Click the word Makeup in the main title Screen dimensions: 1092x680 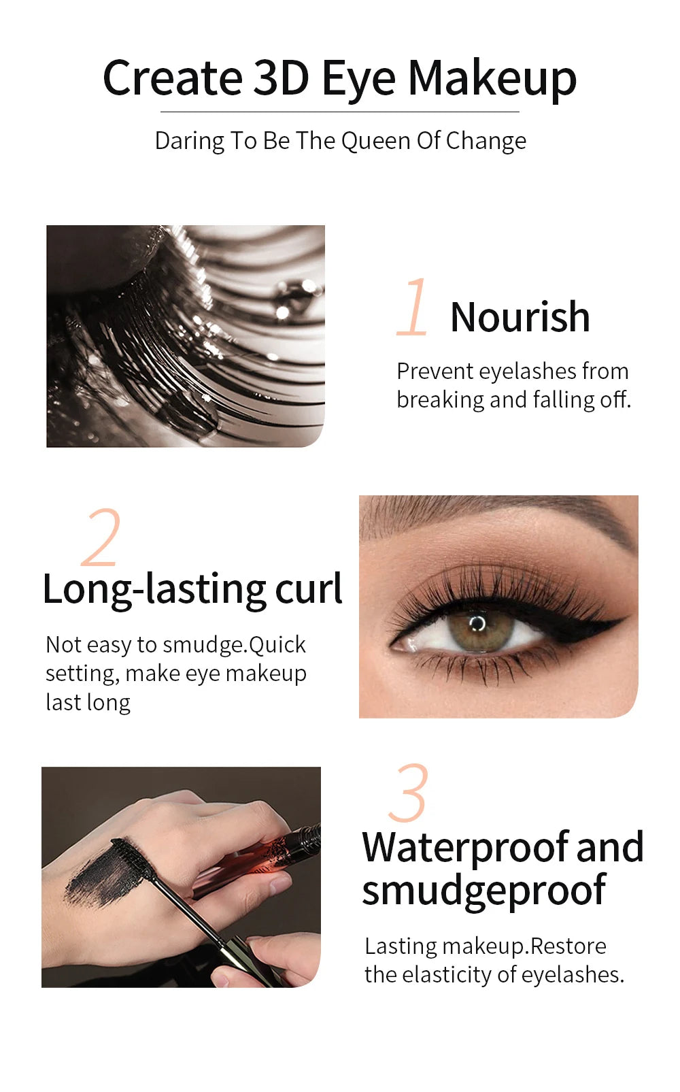[492, 79]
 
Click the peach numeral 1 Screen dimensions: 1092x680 [413, 308]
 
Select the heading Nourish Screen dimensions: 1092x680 [520, 317]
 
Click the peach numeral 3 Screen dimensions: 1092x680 [409, 793]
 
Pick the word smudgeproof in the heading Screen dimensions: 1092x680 [483, 891]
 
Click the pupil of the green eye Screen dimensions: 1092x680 [478, 623]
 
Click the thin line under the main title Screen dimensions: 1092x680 [340, 112]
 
